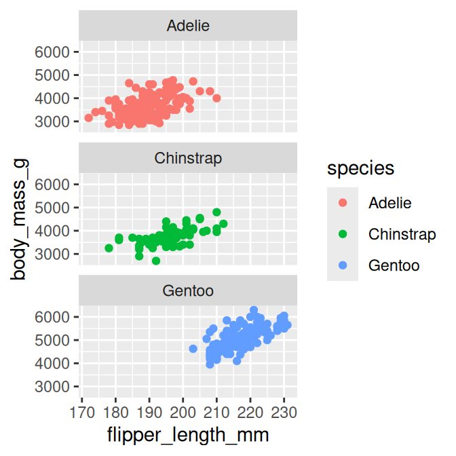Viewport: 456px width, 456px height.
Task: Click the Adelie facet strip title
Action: pos(188,26)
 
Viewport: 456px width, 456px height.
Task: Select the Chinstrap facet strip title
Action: pos(188,159)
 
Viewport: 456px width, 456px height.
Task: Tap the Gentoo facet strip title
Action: pos(188,291)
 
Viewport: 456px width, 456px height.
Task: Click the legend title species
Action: pos(360,168)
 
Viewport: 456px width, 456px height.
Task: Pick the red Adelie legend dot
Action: pos(342,202)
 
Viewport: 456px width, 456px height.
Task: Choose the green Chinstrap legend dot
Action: pos(342,234)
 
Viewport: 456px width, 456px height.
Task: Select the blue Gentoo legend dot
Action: pos(342,265)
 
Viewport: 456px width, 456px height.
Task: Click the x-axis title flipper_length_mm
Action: pos(188,434)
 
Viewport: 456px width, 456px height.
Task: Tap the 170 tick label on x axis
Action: pos(82,412)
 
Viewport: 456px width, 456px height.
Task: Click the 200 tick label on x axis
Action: pos(183,412)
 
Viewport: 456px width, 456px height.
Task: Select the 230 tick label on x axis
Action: pos(284,412)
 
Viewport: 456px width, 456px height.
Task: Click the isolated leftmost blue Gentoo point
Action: pos(193,349)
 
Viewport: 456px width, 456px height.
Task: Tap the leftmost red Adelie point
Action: pos(88,118)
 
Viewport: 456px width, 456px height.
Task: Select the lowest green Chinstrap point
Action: pos(156,261)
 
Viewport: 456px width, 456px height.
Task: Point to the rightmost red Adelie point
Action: pos(216,98)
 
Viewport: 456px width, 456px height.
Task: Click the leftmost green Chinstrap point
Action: pos(109,248)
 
